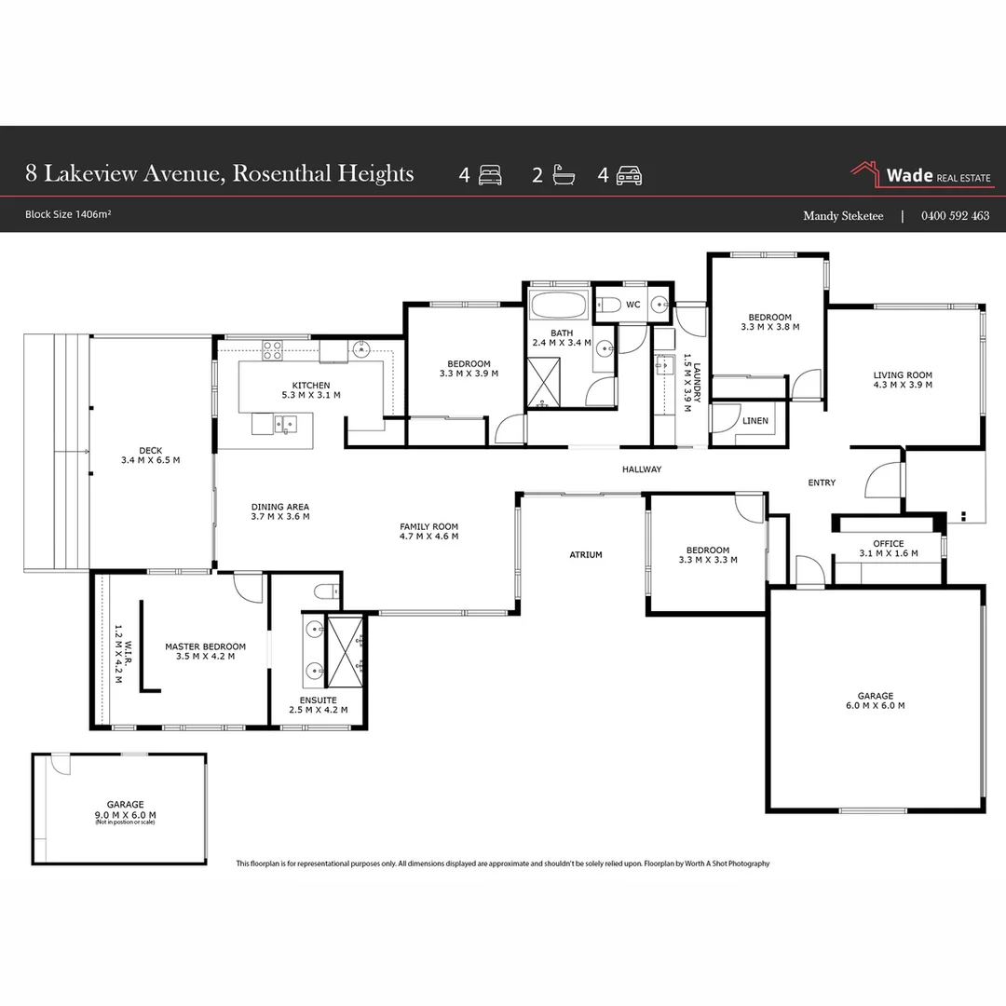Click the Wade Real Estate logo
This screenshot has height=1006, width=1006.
tap(921, 175)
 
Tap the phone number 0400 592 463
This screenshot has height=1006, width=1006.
tap(955, 216)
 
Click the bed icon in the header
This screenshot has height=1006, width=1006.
tap(490, 175)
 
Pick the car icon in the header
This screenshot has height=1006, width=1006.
tap(631, 175)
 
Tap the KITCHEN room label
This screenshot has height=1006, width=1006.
tap(311, 385)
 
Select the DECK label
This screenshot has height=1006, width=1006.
tap(150, 450)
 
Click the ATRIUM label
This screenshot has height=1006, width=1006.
tap(586, 555)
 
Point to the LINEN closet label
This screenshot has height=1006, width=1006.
tap(755, 421)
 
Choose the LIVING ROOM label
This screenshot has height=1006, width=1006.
tap(903, 375)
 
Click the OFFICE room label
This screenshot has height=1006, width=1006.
tap(888, 544)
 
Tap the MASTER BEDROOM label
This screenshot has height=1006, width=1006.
tap(205, 646)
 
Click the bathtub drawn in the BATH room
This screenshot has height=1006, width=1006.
tap(557, 306)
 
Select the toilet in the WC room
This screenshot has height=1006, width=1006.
tap(608, 304)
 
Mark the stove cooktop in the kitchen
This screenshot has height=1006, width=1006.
tap(272, 350)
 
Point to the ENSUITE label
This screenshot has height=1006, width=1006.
tap(319, 700)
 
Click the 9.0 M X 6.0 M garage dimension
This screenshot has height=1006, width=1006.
tap(125, 814)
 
